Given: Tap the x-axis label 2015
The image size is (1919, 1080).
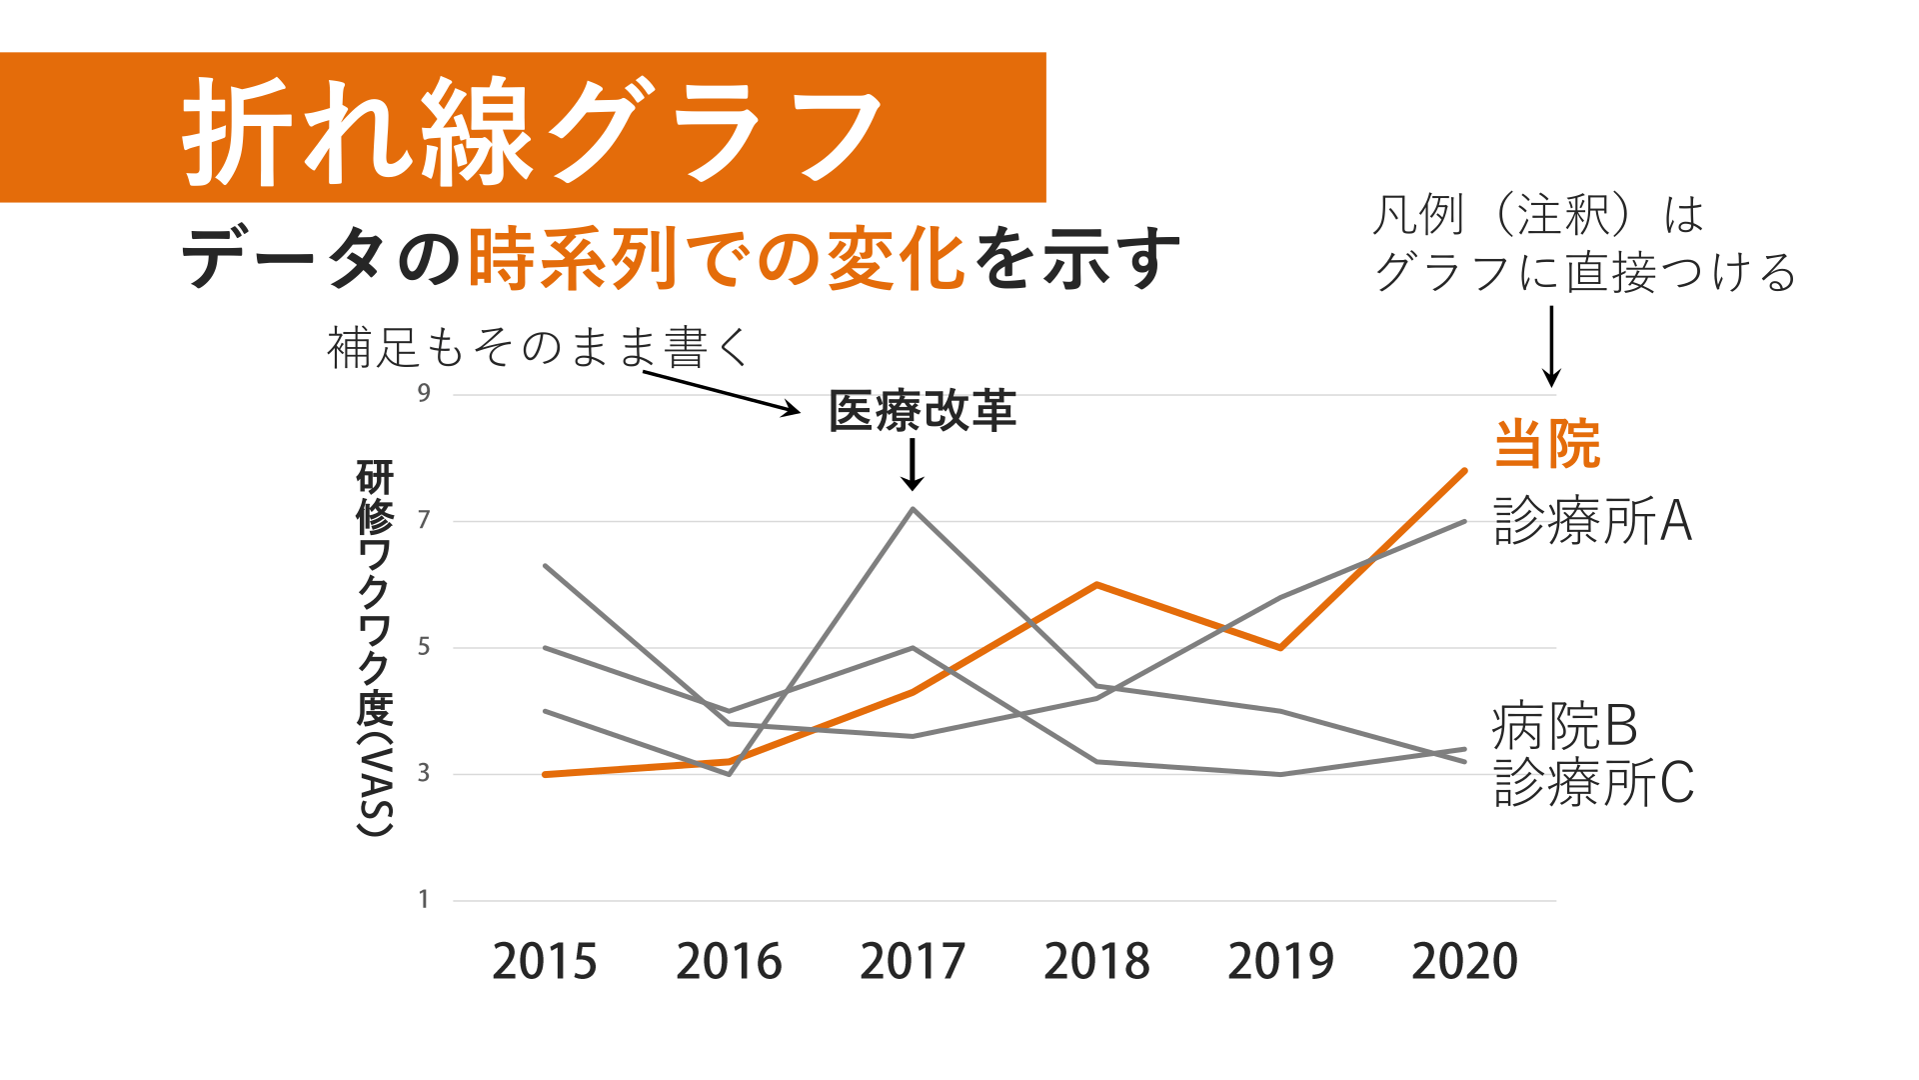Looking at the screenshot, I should (545, 962).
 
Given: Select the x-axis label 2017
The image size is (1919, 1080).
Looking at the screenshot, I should (913, 962).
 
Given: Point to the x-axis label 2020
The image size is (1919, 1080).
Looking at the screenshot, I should (1464, 962).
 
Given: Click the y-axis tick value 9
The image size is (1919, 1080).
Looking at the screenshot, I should (425, 393).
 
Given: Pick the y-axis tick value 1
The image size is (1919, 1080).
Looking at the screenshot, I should (424, 899).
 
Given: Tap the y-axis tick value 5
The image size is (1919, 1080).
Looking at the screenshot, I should (425, 647).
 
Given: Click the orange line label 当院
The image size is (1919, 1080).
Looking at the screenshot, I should (1547, 444).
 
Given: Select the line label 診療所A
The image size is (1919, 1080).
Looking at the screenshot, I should (1593, 521).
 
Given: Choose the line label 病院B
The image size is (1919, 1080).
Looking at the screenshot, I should (1564, 726).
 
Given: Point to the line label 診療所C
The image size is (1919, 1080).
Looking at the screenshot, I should (1594, 782).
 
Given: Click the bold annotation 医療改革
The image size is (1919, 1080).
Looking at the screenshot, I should (923, 411).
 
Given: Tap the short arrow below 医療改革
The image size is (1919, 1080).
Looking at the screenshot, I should (912, 465).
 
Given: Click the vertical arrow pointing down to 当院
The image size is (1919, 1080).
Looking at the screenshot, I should (1551, 346).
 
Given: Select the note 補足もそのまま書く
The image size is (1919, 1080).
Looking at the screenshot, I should (538, 348).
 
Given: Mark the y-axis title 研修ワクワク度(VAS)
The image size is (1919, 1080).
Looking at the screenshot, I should (375, 648).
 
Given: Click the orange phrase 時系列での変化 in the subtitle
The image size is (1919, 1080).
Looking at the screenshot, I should (716, 259).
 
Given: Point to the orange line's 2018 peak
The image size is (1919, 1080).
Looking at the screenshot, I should (1096, 584).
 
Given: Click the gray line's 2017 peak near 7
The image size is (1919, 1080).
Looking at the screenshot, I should (914, 509).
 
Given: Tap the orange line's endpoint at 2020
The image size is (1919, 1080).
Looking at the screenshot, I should (1464, 470).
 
